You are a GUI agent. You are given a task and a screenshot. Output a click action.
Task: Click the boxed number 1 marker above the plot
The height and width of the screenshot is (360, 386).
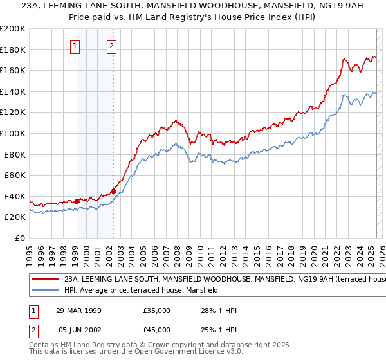point(76,46)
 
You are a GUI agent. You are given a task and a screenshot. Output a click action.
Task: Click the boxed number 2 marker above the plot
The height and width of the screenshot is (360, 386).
point(112,46)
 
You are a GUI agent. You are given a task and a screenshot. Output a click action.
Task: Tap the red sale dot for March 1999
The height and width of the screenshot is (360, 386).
point(77,201)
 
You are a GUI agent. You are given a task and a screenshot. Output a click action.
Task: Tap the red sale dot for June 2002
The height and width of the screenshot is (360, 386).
point(113,190)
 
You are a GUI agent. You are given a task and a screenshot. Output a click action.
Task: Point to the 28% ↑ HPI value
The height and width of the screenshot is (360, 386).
point(219,310)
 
